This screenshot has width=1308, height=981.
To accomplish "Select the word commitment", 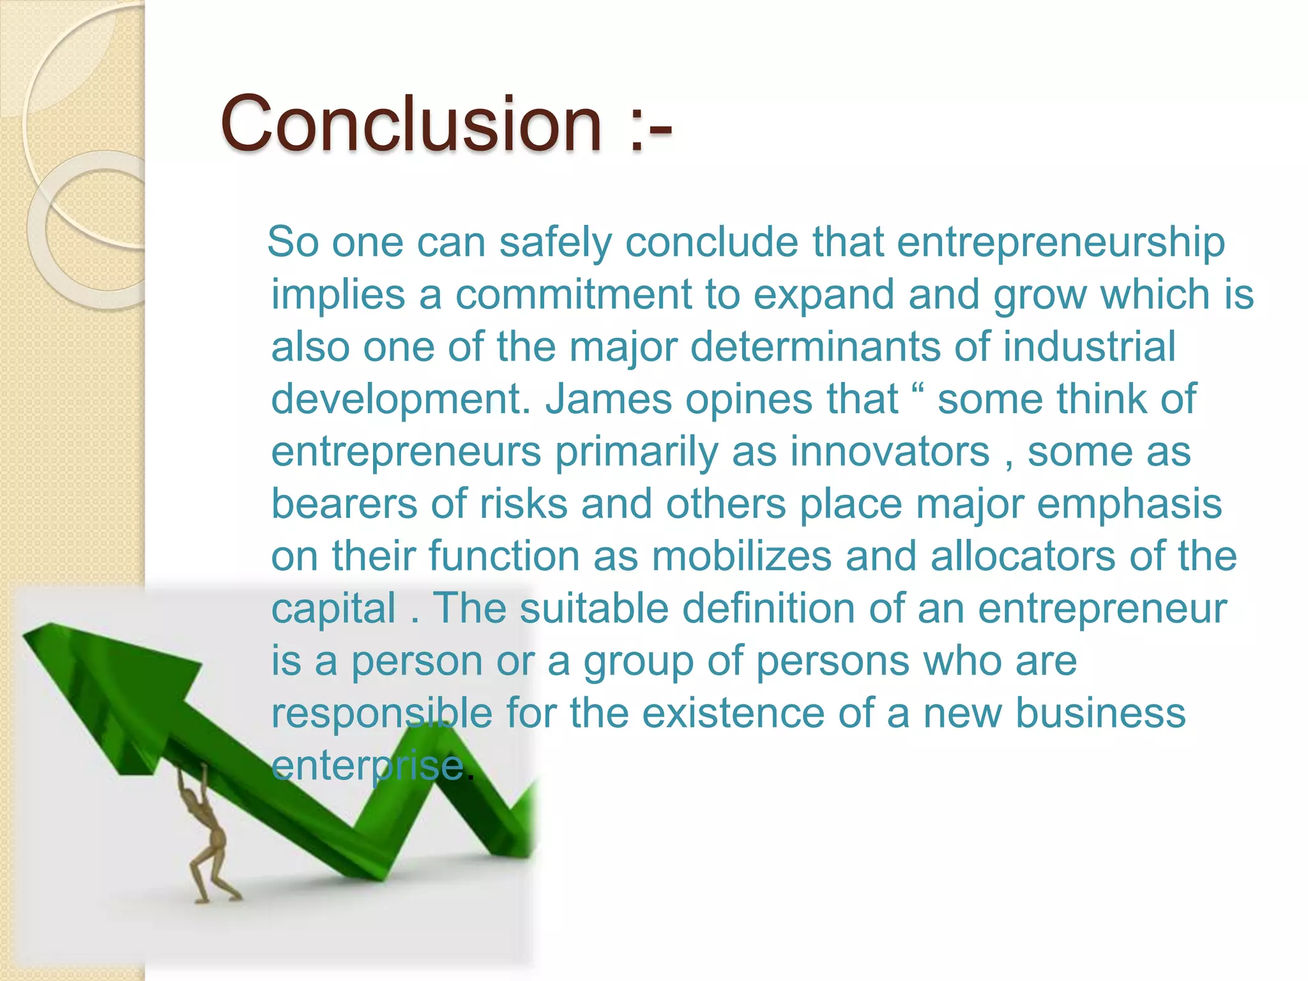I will pyautogui.click(x=573, y=295).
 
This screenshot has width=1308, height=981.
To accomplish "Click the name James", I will pyautogui.click(x=608, y=400).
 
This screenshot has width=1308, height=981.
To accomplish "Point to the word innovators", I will pyautogui.click(x=890, y=452).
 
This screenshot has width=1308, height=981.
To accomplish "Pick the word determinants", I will pyautogui.click(x=816, y=347).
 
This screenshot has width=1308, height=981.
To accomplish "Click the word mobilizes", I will pyautogui.click(x=741, y=556).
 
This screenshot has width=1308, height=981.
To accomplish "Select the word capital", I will pyautogui.click(x=333, y=609).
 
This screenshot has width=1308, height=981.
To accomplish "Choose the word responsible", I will pyautogui.click(x=382, y=713).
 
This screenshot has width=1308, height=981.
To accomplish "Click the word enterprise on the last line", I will pyautogui.click(x=367, y=766).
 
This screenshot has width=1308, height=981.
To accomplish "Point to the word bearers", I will pyautogui.click(x=344, y=505).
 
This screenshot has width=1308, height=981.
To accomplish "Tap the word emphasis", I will pyautogui.click(x=1129, y=505).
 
